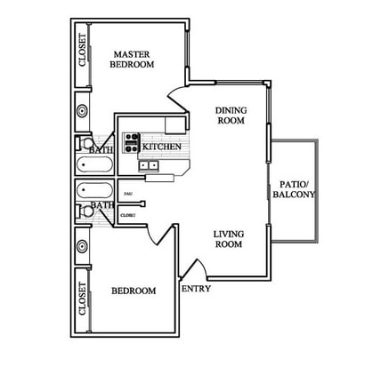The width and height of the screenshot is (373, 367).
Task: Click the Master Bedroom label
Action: point(132,59)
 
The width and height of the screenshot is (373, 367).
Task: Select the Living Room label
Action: point(228,240)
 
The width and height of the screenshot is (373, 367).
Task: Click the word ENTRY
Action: point(195,290)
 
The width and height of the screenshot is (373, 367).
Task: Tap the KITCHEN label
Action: point(163,147)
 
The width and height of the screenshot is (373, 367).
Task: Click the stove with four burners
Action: point(131,142)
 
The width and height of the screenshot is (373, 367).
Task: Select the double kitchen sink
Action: point(148,165)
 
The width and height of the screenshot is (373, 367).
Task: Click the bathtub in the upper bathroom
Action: point(92,165)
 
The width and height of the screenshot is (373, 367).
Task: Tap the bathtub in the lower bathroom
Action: point(92,190)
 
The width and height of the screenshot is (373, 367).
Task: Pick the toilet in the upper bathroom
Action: point(85,143)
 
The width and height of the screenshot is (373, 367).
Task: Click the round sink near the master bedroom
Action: point(82,112)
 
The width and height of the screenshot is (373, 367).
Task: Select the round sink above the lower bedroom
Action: point(82,244)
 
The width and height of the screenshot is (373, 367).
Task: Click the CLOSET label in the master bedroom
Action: point(83,52)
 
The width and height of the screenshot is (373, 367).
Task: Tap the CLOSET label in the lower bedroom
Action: point(83,299)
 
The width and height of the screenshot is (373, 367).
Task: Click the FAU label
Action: point(128,193)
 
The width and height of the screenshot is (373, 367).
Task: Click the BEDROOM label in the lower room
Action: point(134,291)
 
